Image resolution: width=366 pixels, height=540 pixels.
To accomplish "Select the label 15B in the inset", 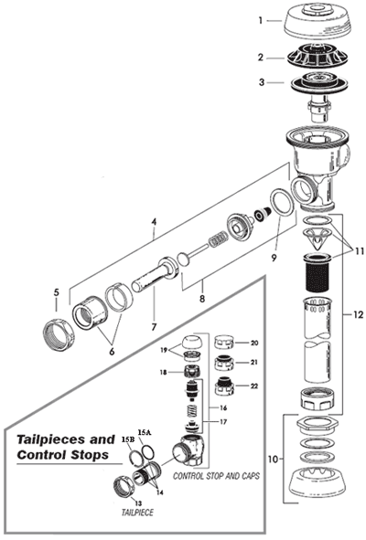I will pyautogui.click(x=124, y=440).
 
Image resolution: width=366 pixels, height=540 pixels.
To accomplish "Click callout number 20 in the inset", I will pyautogui.click(x=255, y=343).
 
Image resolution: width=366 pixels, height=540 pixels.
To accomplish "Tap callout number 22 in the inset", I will pyautogui.click(x=255, y=386).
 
